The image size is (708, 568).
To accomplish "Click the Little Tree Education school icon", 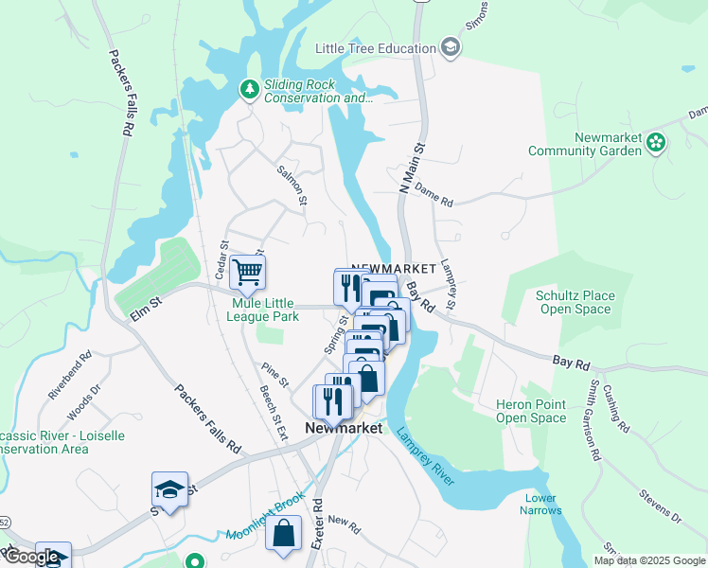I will click(451, 48).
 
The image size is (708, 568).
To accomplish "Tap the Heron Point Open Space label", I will click(531, 411).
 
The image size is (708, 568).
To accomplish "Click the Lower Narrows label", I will click(540, 505).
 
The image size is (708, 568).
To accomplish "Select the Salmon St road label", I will click(292, 186).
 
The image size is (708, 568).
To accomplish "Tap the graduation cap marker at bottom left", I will click(169, 490).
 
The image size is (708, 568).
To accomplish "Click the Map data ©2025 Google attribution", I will click(648, 560).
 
